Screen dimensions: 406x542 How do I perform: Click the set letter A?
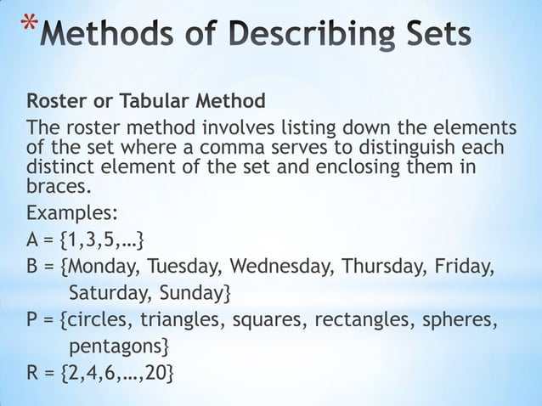34,237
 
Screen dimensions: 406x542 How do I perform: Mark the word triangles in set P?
177,320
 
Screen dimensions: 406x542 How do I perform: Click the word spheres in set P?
464,320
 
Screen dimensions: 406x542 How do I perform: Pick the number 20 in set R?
154,373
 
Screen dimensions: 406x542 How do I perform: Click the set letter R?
34,373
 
